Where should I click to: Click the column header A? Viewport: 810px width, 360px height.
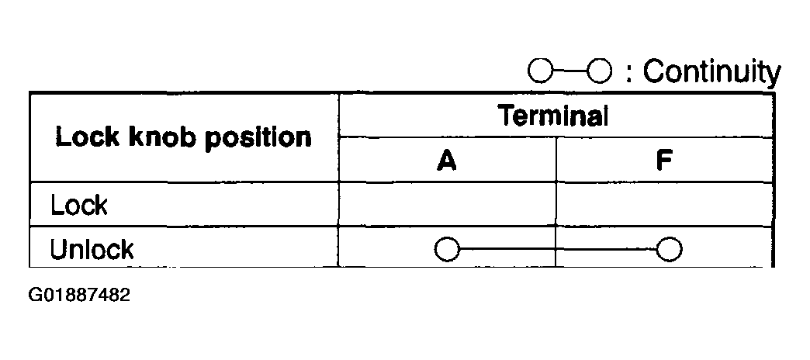coord(446,161)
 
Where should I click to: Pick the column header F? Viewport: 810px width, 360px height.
coord(664,161)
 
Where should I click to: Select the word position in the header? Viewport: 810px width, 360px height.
coord(258,140)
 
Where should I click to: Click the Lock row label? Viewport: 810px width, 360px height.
coord(78,206)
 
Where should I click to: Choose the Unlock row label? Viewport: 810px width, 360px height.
coord(92,249)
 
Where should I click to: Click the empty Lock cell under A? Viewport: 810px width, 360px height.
coord(447,206)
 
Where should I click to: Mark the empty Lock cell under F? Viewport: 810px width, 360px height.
coord(664,206)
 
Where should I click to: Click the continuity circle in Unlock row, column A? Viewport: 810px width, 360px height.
coord(448,250)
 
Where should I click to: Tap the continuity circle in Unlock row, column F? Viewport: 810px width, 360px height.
coord(669,250)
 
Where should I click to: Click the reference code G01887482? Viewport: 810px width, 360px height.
coord(79,296)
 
